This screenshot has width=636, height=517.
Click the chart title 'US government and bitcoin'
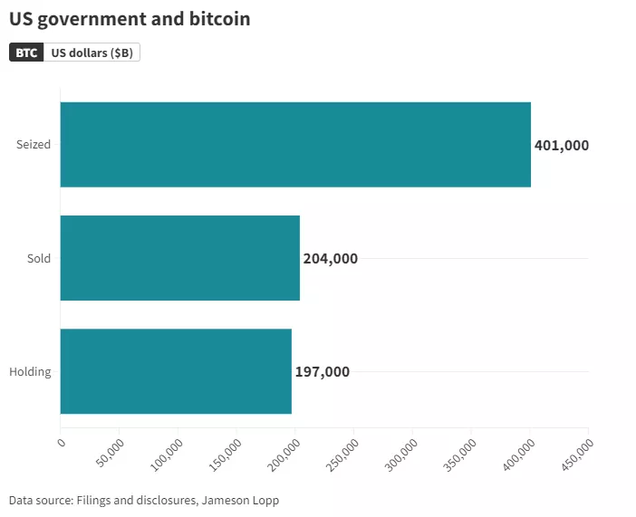click(x=130, y=18)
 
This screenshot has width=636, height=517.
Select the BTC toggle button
click(x=27, y=53)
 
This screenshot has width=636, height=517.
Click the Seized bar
click(x=295, y=144)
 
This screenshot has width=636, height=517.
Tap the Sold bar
click(x=179, y=258)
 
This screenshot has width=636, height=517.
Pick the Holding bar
click(x=176, y=371)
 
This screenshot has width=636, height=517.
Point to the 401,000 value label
click(x=562, y=145)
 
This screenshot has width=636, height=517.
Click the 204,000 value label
click(x=330, y=258)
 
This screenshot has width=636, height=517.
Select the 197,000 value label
click(x=322, y=371)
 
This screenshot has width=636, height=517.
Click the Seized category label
click(x=34, y=145)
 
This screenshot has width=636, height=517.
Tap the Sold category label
click(x=39, y=258)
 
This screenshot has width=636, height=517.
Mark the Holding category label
click(x=30, y=371)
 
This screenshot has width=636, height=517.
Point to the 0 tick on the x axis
click(x=62, y=443)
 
